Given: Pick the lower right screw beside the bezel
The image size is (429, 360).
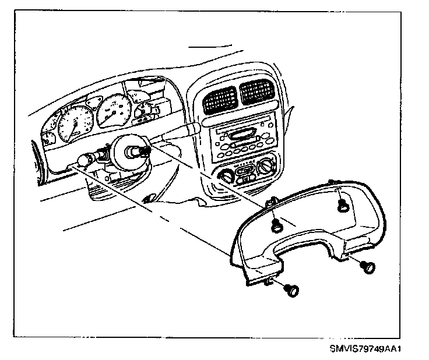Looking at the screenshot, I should [x=368, y=267].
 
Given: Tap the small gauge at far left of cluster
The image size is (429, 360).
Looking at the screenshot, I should [x=48, y=138].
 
